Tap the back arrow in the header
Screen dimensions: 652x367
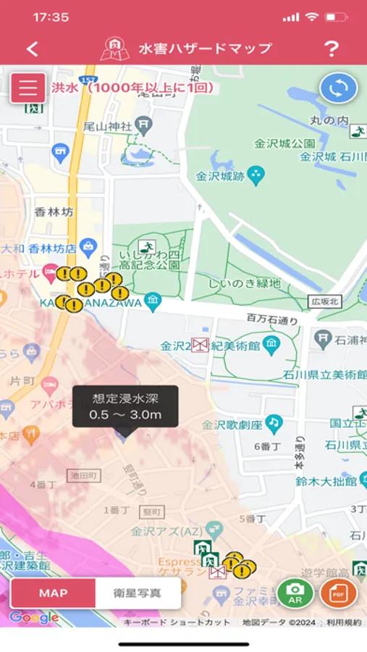coord(32,49)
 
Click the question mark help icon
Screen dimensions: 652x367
coord(331,49)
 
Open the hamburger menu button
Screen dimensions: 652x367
coord(28,88)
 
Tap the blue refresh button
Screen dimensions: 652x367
coord(339,88)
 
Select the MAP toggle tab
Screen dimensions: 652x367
coord(53,593)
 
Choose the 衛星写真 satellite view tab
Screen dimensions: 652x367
coord(138,593)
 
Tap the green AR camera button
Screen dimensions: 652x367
coord(295,593)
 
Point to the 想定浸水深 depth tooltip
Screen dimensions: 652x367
coord(125,406)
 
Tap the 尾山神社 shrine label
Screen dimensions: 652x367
coord(107,126)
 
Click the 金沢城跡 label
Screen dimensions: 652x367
coord(220,176)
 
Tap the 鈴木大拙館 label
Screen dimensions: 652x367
coord(326,480)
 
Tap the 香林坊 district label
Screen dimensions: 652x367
coord(54,212)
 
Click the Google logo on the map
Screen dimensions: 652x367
coord(34,618)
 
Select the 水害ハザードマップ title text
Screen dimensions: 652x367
coord(205,49)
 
